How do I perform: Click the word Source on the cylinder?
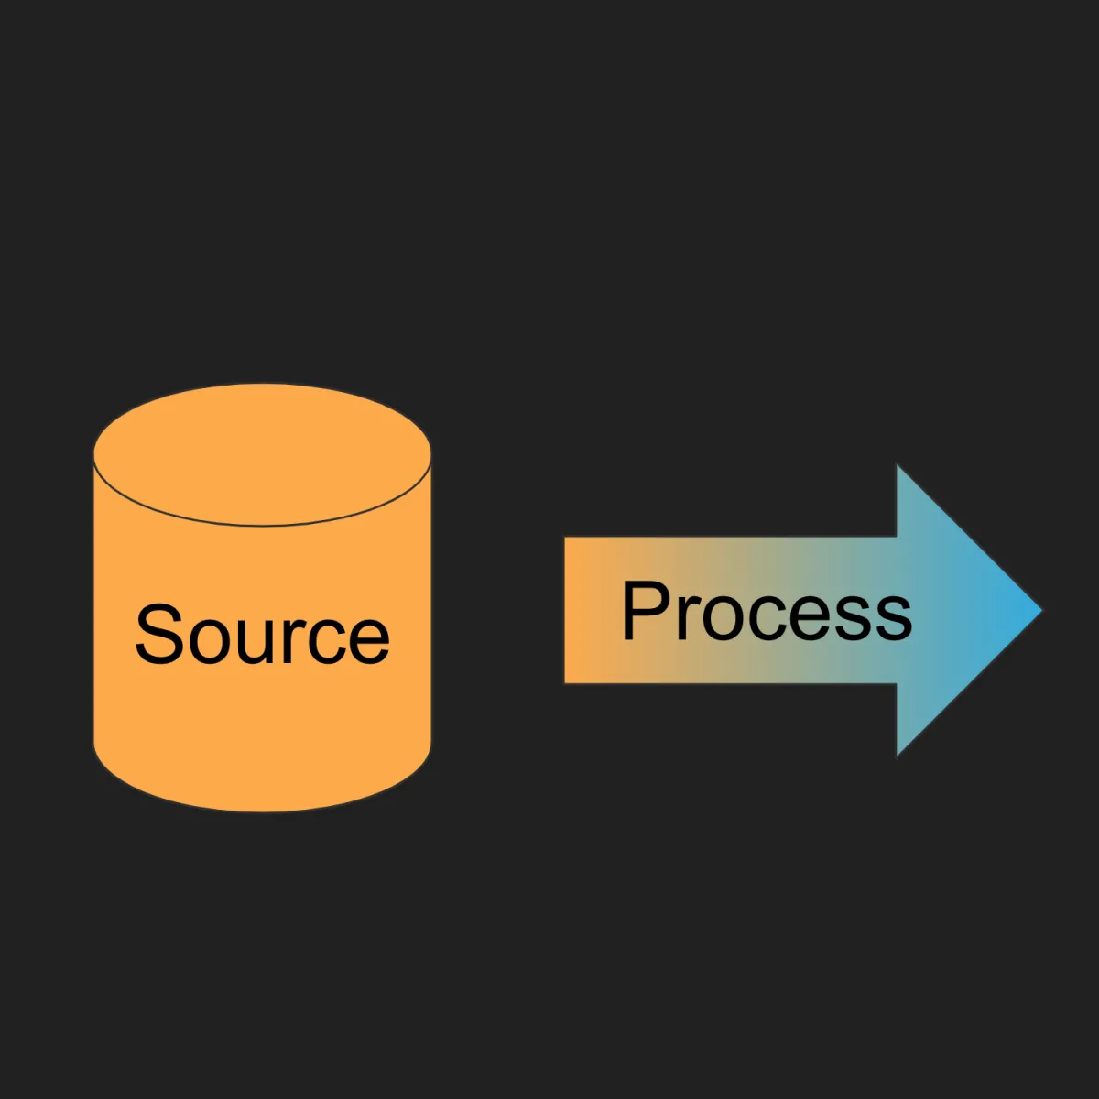[x=262, y=634]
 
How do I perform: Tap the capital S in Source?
[x=159, y=634]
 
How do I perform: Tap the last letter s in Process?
[x=893, y=618]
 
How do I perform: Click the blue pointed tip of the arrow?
[x=1040, y=610]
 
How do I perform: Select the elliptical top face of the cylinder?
[x=262, y=454]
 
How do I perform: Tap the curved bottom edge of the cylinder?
[x=262, y=811]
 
